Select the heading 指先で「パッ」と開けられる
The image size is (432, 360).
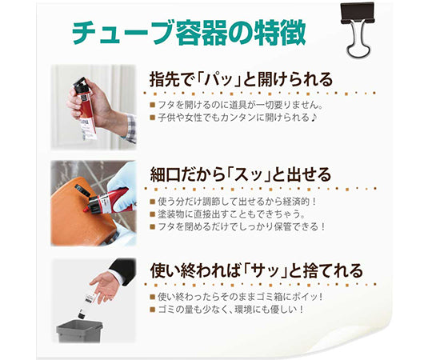(x=241, y=80)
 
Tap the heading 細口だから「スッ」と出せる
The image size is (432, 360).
(x=241, y=174)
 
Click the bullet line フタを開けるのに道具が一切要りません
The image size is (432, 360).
(x=239, y=104)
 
